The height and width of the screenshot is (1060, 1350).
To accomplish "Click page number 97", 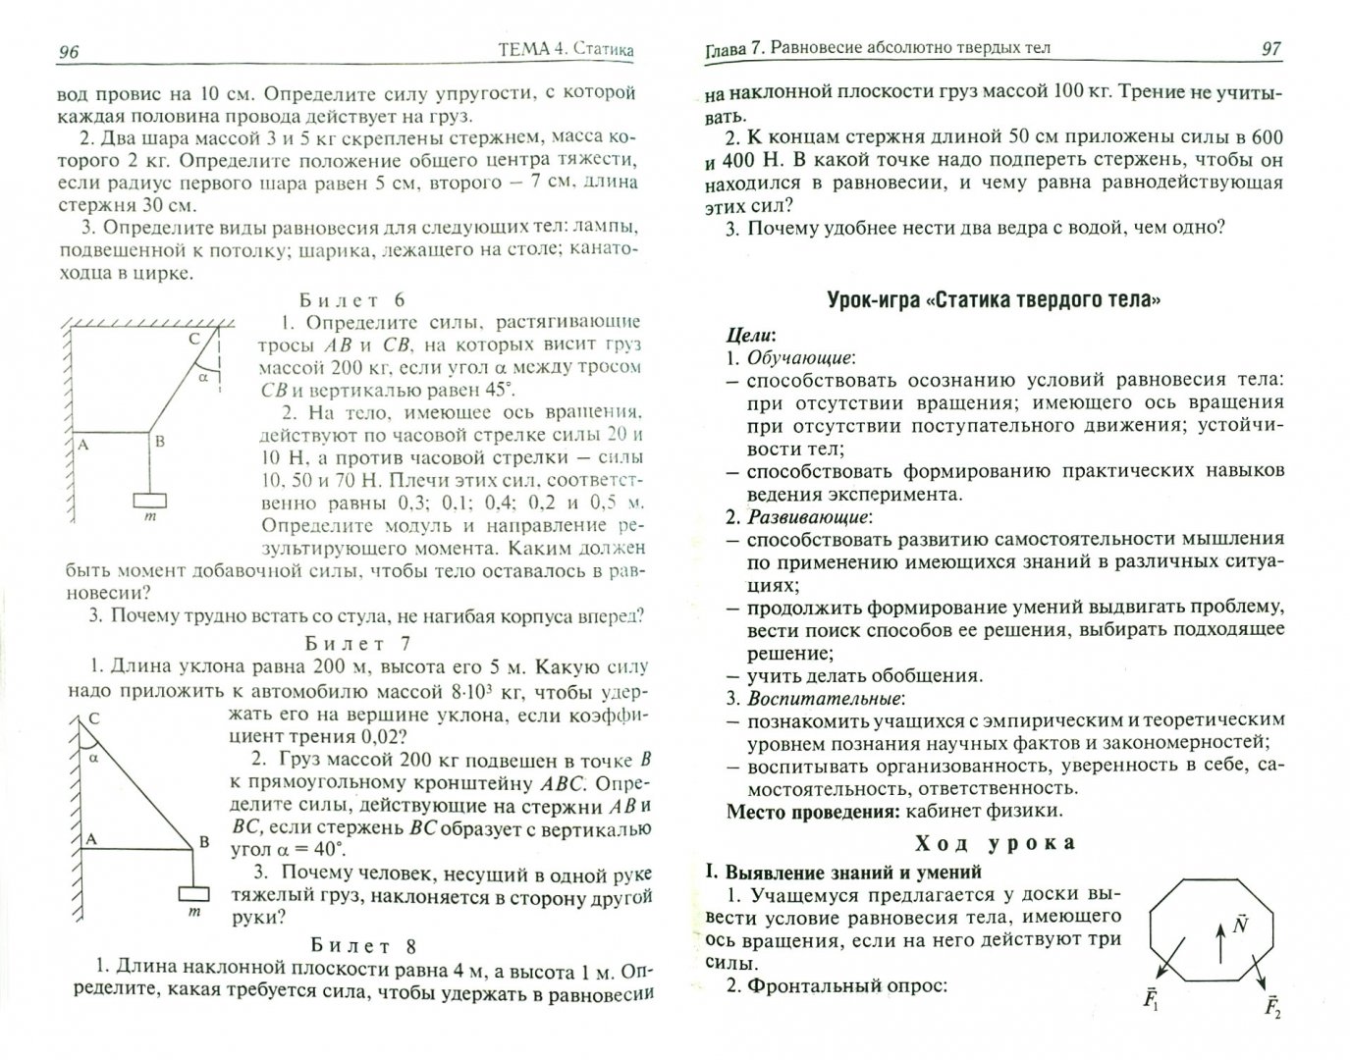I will pyautogui.click(x=1271, y=49).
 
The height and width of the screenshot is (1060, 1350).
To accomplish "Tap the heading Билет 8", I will pyautogui.click(x=363, y=946).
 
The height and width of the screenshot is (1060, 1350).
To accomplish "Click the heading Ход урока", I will pyautogui.click(x=995, y=843).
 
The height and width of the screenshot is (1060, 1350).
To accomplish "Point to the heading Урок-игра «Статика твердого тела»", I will pyautogui.click(x=994, y=299).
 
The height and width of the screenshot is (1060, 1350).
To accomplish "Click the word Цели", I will pyautogui.click(x=752, y=336).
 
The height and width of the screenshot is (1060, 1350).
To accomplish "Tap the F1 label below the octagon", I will pyautogui.click(x=1150, y=1000).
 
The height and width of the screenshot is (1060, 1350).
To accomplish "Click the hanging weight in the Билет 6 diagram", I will pyautogui.click(x=150, y=500).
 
